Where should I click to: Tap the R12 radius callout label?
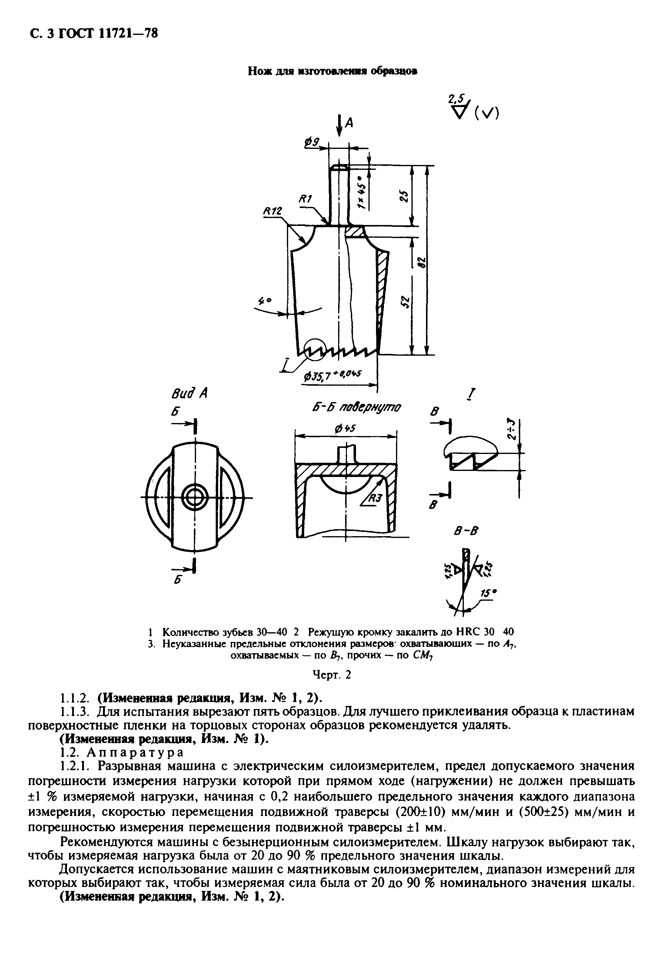click(x=272, y=212)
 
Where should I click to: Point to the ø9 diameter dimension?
click(x=312, y=143)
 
